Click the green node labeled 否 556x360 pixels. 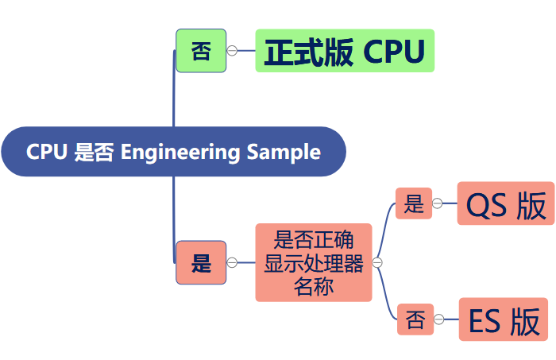click(201, 51)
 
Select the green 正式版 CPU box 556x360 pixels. click(345, 51)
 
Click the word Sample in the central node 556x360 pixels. click(284, 152)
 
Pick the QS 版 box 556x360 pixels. click(505, 204)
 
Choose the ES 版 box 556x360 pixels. click(504, 319)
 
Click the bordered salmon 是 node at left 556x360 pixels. click(201, 262)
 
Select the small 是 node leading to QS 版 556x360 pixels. click(414, 204)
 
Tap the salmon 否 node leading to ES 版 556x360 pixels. click(415, 319)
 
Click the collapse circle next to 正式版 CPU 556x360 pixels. click(232, 51)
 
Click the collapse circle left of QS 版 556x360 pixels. click(438, 204)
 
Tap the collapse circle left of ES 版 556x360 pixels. click(439, 319)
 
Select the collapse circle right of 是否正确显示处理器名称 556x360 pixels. click(377, 262)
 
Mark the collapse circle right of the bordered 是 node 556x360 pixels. click(232, 262)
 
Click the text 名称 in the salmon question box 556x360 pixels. click(314, 287)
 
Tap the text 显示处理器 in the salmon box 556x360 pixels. click(314, 263)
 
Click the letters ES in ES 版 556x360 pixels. click(485, 320)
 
